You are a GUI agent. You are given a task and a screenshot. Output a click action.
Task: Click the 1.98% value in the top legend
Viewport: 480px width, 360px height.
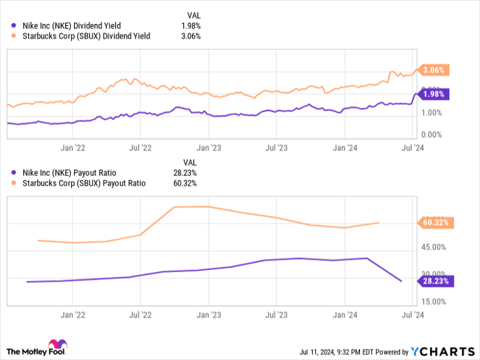pyautogui.click(x=191, y=26)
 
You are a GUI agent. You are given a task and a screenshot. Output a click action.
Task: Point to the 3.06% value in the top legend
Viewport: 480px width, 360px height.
pyautogui.click(x=191, y=36)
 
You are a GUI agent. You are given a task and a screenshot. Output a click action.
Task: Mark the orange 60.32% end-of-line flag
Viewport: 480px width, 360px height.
pyautogui.click(x=435, y=222)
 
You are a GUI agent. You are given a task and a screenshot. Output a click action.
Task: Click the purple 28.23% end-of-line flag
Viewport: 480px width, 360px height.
pyautogui.click(x=435, y=280)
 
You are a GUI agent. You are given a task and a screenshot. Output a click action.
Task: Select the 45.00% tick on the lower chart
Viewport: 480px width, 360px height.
pyautogui.click(x=434, y=247)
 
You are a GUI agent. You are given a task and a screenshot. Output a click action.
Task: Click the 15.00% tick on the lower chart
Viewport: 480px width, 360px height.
pyautogui.click(x=434, y=301)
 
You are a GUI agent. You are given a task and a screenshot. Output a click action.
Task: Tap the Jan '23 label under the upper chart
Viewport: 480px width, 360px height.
pyautogui.click(x=208, y=147)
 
